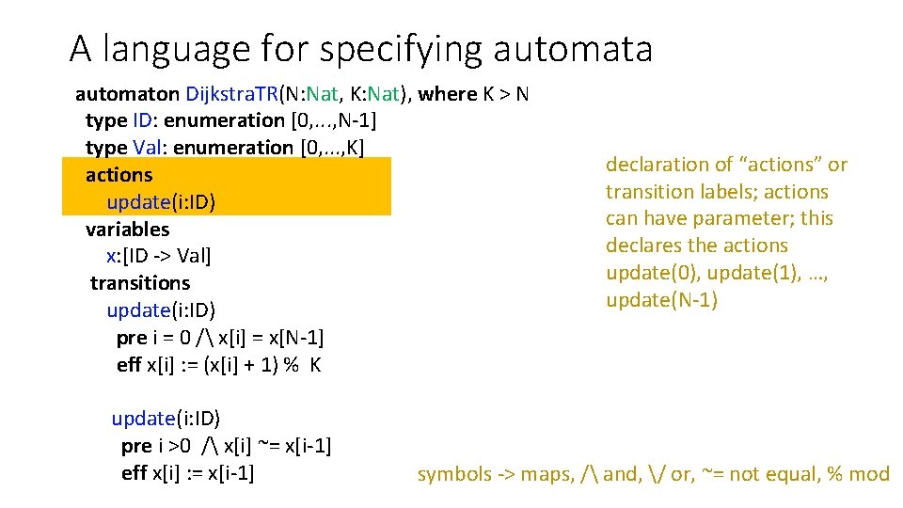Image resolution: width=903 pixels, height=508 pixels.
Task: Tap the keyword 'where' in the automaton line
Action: pyautogui.click(x=448, y=94)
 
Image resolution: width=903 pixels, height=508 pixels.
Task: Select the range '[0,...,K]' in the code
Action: pyautogui.click(x=331, y=148)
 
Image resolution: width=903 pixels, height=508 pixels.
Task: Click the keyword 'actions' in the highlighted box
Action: pyautogui.click(x=119, y=175)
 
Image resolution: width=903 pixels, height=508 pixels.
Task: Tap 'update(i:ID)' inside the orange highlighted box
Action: pyautogui.click(x=161, y=202)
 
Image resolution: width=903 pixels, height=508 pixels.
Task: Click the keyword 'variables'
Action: pyautogui.click(x=128, y=230)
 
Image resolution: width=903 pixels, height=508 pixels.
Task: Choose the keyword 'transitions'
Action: pyautogui.click(x=140, y=283)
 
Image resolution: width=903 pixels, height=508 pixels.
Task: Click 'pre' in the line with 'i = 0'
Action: pyautogui.click(x=131, y=338)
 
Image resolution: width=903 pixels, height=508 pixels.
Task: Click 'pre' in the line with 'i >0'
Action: pyautogui.click(x=136, y=445)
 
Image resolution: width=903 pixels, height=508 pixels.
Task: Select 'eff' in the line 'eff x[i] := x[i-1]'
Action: pyautogui.click(x=135, y=472)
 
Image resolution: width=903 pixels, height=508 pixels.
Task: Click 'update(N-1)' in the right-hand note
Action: pyautogui.click(x=661, y=300)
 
